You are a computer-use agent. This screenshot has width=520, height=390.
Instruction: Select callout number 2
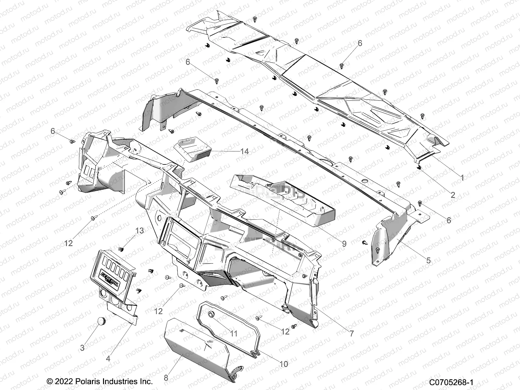(x=453, y=195)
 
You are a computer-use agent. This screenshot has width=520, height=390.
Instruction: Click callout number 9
(x=344, y=243)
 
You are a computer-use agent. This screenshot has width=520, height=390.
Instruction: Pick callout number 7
(x=351, y=333)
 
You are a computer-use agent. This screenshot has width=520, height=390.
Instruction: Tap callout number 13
(x=139, y=231)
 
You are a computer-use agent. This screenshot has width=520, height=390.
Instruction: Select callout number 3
(x=82, y=348)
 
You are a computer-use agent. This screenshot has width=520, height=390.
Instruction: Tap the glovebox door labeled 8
(x=195, y=351)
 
